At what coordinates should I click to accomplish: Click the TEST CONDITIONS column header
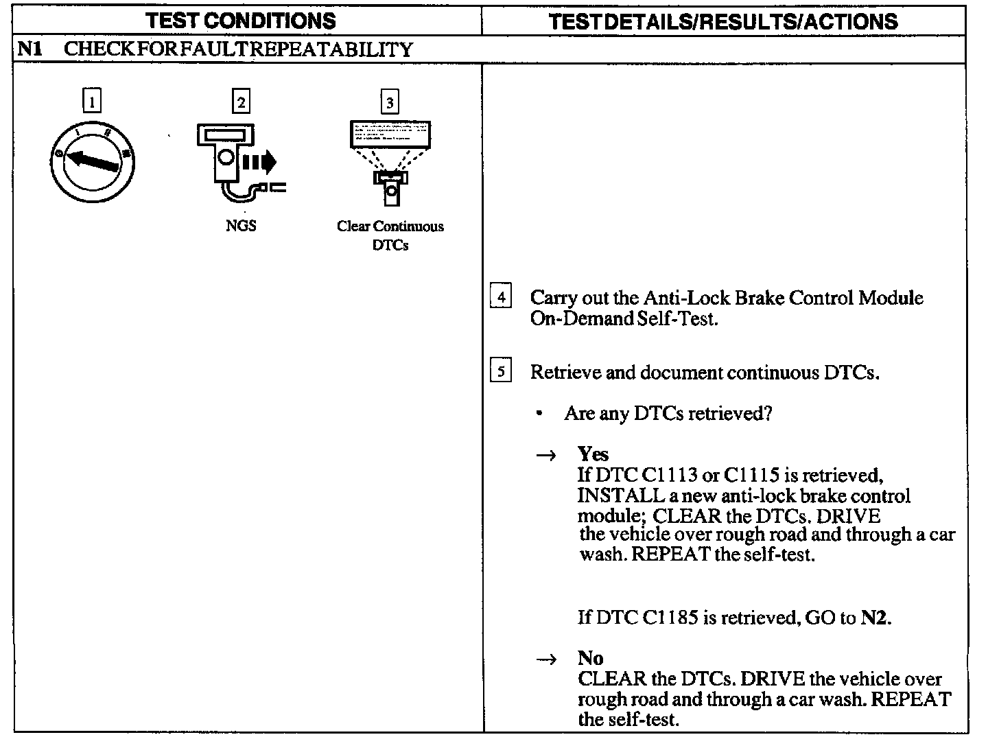[242, 21]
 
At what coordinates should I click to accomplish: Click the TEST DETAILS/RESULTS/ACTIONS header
[723, 21]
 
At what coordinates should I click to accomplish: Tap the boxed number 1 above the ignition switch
[91, 102]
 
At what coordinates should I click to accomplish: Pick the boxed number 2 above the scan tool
[241, 102]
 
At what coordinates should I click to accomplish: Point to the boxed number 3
[390, 103]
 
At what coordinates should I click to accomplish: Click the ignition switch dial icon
[92, 161]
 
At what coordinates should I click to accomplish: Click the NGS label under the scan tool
[241, 226]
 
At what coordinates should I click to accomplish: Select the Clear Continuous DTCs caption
[390, 235]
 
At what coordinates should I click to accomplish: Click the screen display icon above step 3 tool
[390, 134]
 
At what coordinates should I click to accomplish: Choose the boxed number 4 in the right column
[501, 297]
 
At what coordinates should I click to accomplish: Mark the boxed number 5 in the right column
[501, 372]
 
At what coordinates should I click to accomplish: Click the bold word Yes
[593, 454]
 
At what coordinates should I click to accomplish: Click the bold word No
[590, 658]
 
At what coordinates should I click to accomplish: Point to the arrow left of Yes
[546, 456]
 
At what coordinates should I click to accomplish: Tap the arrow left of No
[546, 659]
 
